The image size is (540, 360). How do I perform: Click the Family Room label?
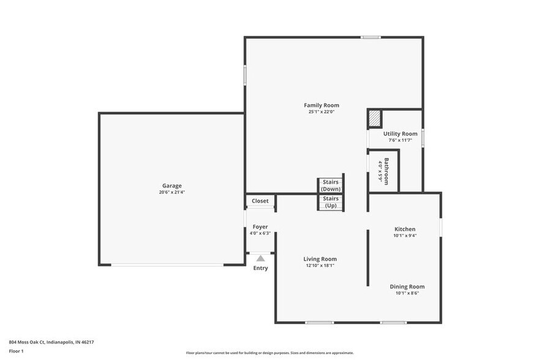(x=321, y=105)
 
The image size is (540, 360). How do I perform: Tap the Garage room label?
(x=171, y=186)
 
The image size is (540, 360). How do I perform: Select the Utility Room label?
(x=400, y=133)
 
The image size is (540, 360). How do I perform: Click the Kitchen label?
(x=405, y=229)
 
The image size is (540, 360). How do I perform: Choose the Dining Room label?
(x=407, y=287)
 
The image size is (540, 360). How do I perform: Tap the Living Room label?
(x=320, y=259)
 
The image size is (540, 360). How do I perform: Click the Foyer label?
(x=260, y=227)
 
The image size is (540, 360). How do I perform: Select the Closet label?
(x=260, y=201)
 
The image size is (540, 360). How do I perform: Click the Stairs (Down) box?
(x=331, y=186)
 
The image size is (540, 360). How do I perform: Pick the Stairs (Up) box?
(x=331, y=202)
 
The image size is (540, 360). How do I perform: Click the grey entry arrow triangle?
(x=261, y=258)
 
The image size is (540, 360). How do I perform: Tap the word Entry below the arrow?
(x=261, y=268)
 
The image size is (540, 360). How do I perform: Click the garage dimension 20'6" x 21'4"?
(x=171, y=192)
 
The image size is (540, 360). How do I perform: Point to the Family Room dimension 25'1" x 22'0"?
(x=321, y=112)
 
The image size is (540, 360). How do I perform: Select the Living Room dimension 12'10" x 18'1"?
(x=320, y=266)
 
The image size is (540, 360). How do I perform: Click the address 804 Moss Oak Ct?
(x=51, y=342)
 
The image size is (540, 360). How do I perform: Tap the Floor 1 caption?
(x=16, y=351)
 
